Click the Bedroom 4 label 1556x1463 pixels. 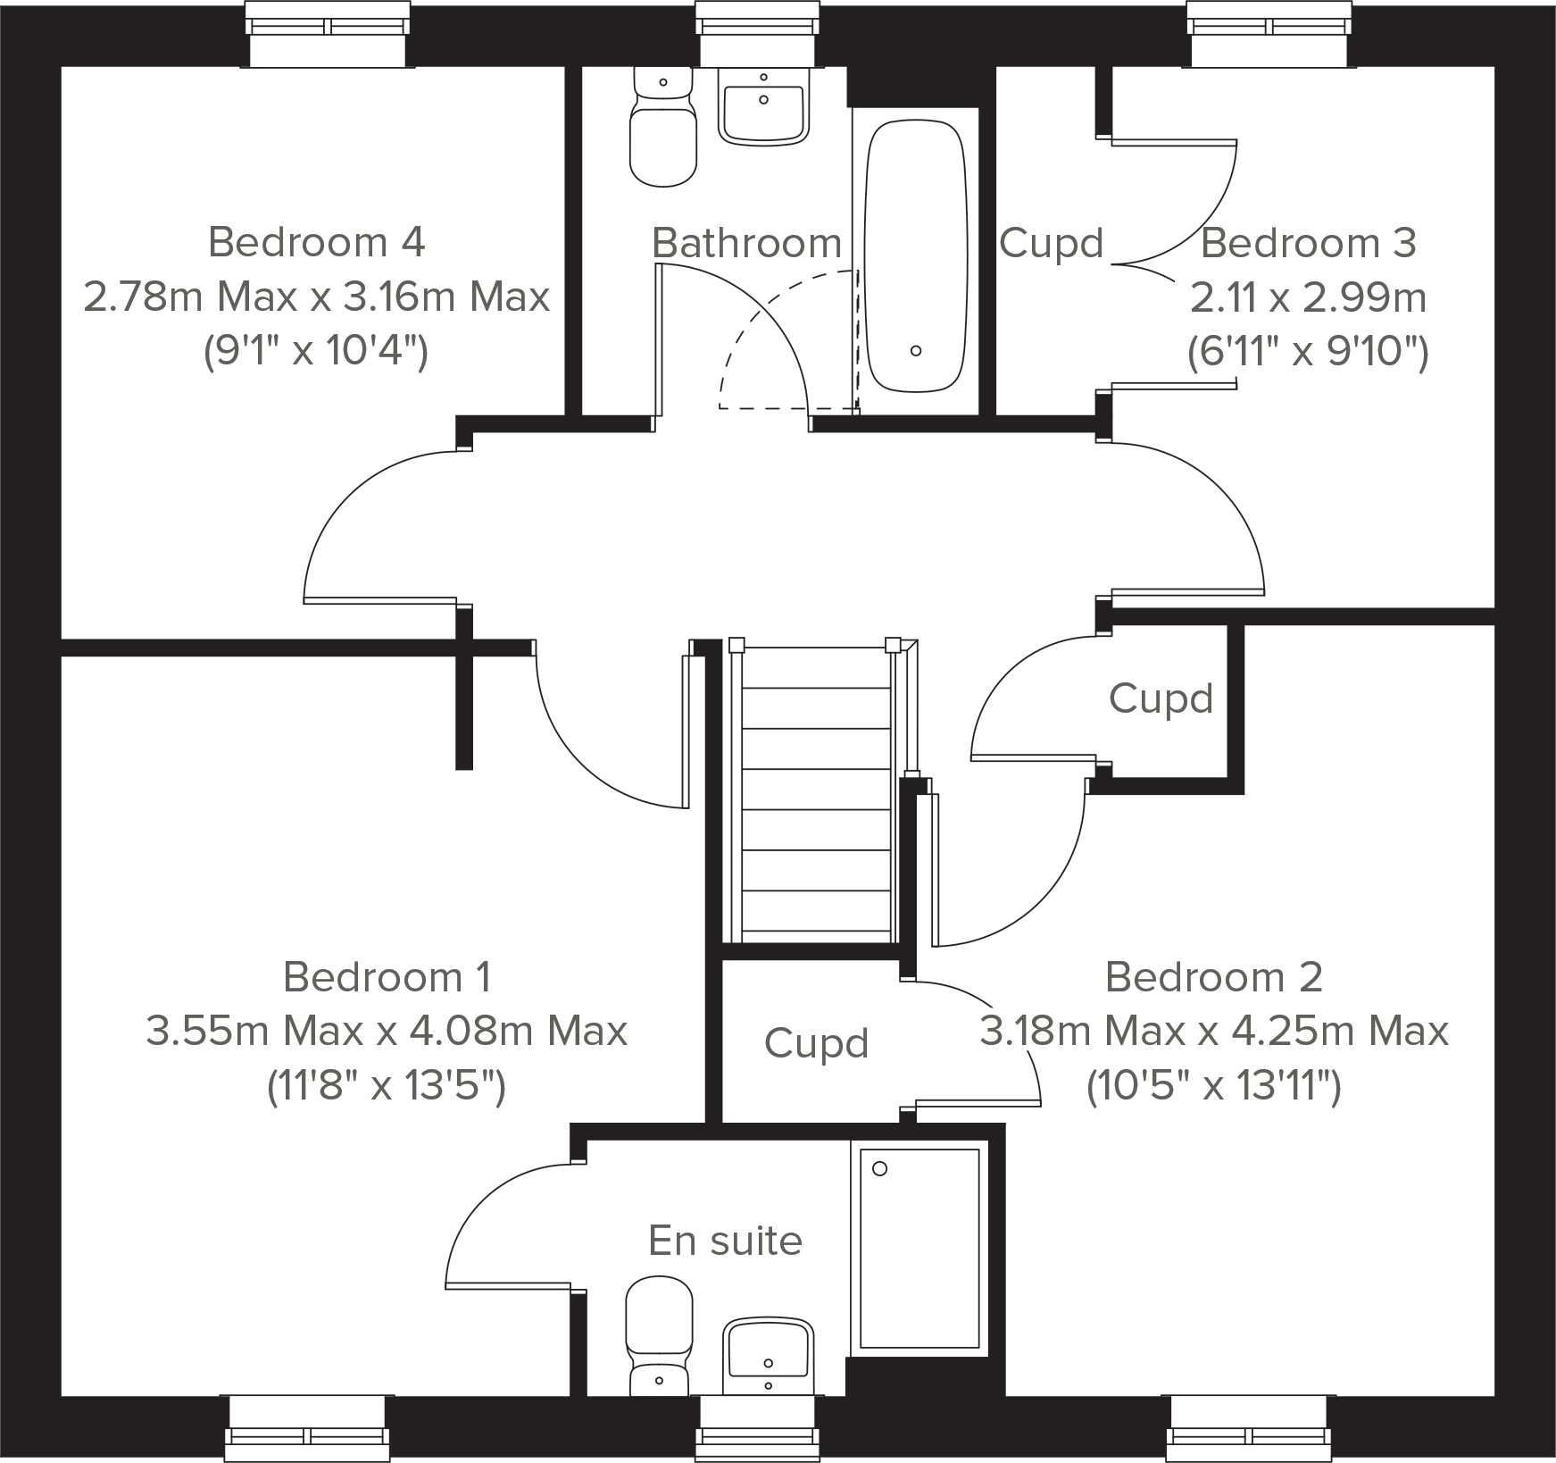[316, 242]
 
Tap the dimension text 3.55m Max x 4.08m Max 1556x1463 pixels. [387, 1032]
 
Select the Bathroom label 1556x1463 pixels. [746, 243]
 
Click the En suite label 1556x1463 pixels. [725, 1241]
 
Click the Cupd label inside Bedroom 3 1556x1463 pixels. [1051, 244]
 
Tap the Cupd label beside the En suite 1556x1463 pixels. [816, 1043]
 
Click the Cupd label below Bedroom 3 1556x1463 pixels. [1161, 698]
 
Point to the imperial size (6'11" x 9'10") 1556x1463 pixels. [1308, 353]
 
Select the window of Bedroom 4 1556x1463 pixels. [328, 36]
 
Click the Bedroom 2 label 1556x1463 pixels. [1213, 977]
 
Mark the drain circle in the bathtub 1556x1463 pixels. [916, 351]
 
